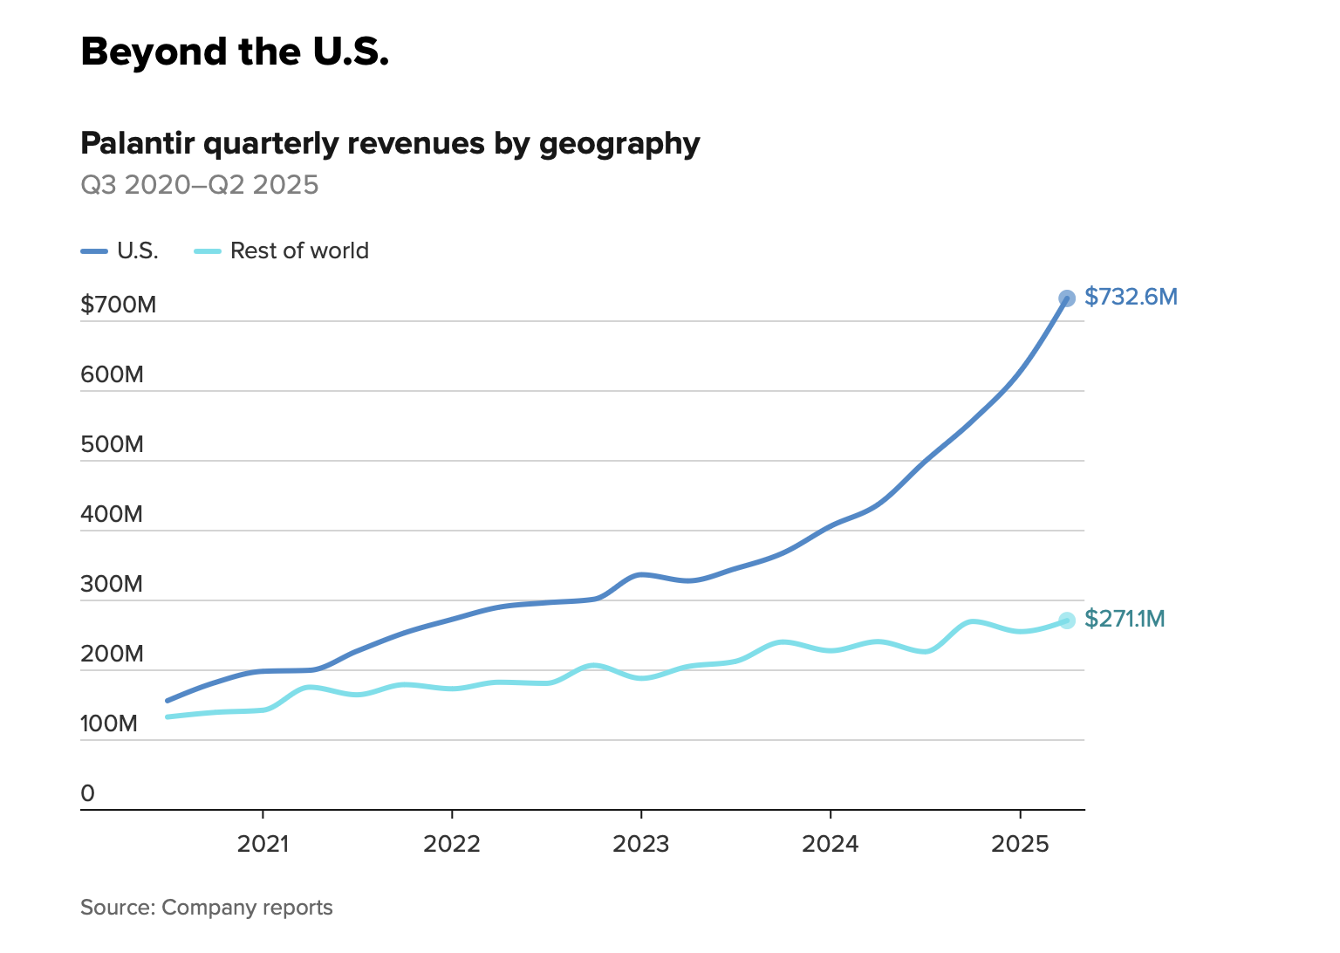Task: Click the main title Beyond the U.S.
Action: click(235, 52)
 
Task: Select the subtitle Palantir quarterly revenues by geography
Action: click(390, 143)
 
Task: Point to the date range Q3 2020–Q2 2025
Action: click(200, 185)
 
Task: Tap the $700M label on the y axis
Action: click(119, 305)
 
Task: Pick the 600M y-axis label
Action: click(112, 374)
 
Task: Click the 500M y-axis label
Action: click(112, 444)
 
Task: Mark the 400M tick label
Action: click(112, 514)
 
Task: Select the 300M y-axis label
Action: click(112, 584)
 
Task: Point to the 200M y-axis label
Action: click(112, 654)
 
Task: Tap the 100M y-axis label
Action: click(109, 723)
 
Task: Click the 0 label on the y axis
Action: click(87, 793)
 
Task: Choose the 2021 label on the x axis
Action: click(263, 844)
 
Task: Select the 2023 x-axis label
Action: click(641, 844)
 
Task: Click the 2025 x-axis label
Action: click(1020, 844)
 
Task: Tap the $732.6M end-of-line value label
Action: click(1131, 298)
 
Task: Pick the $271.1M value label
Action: click(1125, 619)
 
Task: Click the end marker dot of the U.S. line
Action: click(1067, 298)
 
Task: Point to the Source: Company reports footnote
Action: click(207, 908)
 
